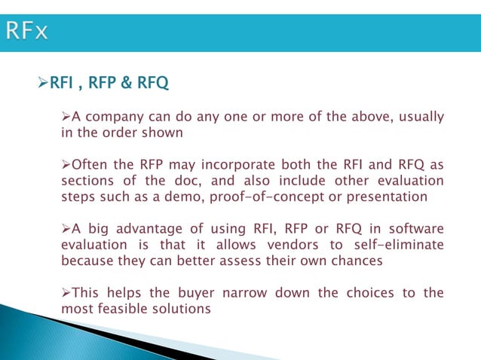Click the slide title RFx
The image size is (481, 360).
[27, 31]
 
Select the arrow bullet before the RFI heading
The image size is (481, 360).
[42, 80]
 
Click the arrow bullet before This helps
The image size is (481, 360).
[66, 293]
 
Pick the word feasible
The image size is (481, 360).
[121, 309]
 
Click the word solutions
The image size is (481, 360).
[183, 309]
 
